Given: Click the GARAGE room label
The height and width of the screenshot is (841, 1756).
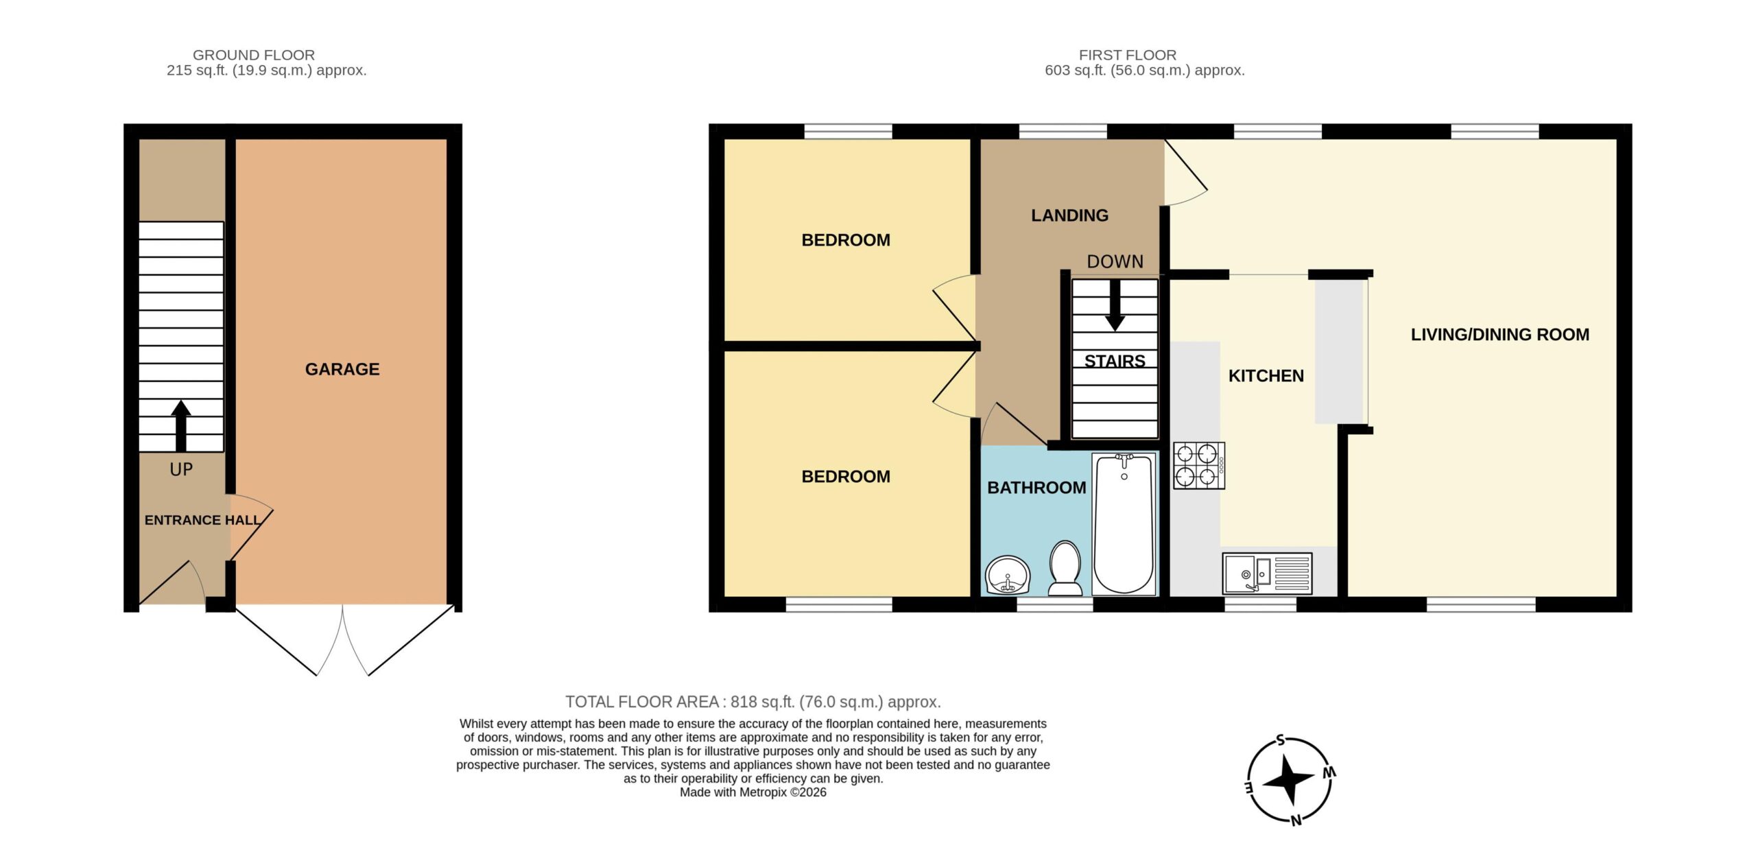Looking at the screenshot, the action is pyautogui.click(x=342, y=369).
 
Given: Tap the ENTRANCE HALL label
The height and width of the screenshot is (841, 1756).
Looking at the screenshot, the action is pyautogui.click(x=202, y=520).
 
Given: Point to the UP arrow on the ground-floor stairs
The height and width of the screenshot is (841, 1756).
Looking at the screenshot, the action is pyautogui.click(x=181, y=426).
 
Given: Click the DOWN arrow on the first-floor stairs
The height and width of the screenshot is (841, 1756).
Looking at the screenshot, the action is pyautogui.click(x=1115, y=305).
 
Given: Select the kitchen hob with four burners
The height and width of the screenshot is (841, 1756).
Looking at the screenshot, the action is pyautogui.click(x=1199, y=465).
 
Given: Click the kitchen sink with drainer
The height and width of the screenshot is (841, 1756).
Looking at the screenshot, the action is pyautogui.click(x=1267, y=573).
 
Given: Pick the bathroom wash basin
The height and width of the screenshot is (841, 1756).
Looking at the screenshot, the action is pyautogui.click(x=1008, y=574).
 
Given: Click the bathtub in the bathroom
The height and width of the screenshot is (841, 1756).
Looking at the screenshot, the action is pyautogui.click(x=1124, y=523).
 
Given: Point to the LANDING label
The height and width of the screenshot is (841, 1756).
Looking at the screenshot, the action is pyautogui.click(x=1069, y=215).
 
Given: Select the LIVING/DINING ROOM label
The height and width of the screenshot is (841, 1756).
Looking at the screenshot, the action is pyautogui.click(x=1499, y=335).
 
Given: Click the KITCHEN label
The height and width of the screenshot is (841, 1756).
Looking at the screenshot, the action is pyautogui.click(x=1266, y=376).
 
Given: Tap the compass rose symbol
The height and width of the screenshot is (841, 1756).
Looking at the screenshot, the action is pyautogui.click(x=1289, y=780).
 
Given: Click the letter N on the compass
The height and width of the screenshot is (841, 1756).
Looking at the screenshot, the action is pyautogui.click(x=1296, y=820).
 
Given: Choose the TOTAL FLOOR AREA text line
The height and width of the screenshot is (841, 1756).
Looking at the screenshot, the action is pyautogui.click(x=752, y=702).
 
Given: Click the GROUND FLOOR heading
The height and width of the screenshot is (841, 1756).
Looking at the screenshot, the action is pyautogui.click(x=254, y=55).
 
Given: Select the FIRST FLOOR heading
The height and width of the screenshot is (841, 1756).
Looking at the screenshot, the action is pyautogui.click(x=1128, y=55).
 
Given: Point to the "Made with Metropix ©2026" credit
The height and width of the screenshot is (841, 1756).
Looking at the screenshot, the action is pyautogui.click(x=753, y=792).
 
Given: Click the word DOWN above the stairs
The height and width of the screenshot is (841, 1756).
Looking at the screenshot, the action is pyautogui.click(x=1115, y=261).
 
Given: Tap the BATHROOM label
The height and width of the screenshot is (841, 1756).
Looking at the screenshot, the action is pyautogui.click(x=1036, y=488).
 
